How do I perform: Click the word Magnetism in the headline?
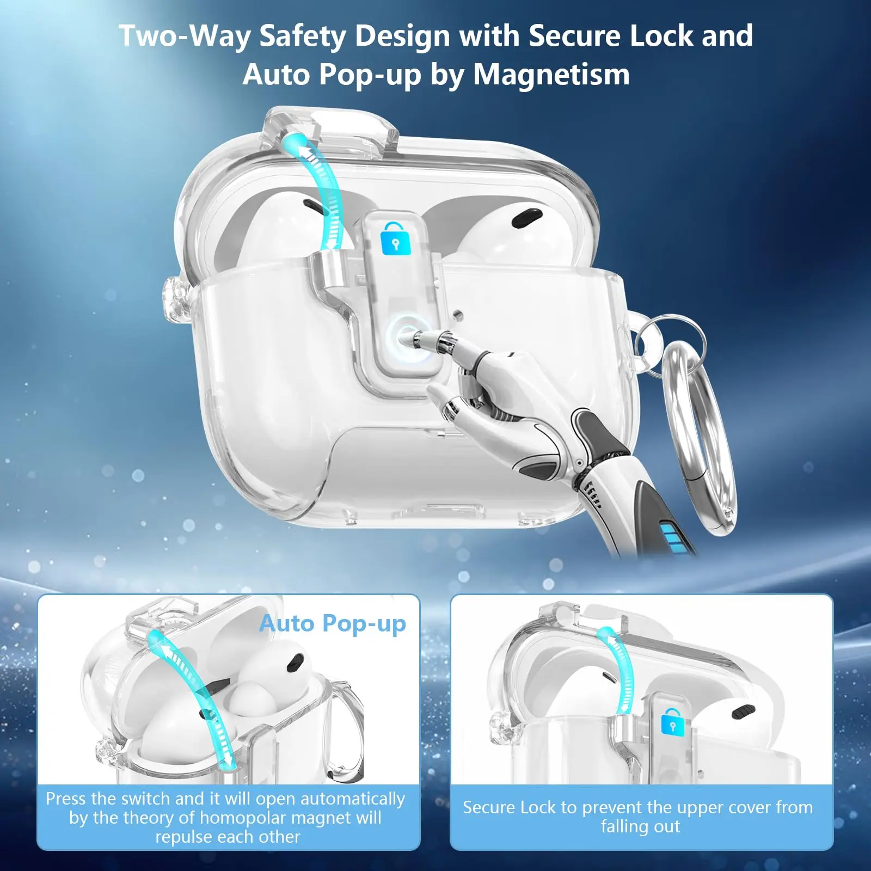tap(551, 74)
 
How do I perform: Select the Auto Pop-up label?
tap(333, 624)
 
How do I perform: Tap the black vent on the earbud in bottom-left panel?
tap(295, 663)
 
